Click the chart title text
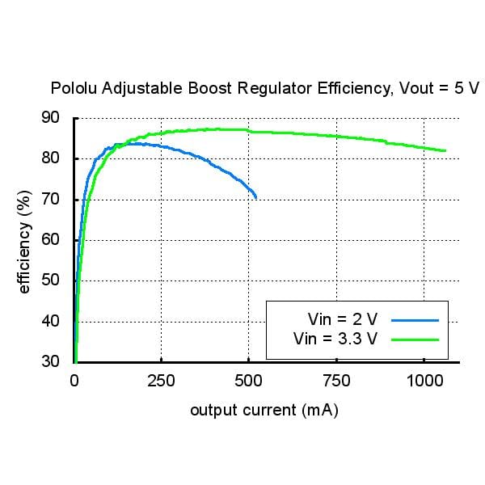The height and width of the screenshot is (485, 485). [x=264, y=88]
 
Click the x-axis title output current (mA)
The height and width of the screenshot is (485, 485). [x=264, y=411]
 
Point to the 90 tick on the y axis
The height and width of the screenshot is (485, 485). [x=51, y=118]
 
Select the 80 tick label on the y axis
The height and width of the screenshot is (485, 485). [x=51, y=158]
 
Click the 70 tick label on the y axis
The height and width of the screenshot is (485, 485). [x=51, y=200]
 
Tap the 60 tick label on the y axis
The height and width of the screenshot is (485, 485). [x=51, y=240]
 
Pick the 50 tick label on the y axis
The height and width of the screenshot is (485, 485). [x=51, y=280]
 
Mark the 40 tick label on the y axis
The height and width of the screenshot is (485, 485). [x=51, y=322]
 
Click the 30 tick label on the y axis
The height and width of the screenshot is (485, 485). [x=51, y=361]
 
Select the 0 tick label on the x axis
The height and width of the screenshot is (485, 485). [x=74, y=380]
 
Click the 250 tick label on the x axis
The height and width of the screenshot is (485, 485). [x=162, y=380]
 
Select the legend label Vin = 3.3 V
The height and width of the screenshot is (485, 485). [x=336, y=339]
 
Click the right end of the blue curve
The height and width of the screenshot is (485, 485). [x=256, y=197]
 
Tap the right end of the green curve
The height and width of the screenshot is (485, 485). [x=445, y=150]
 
